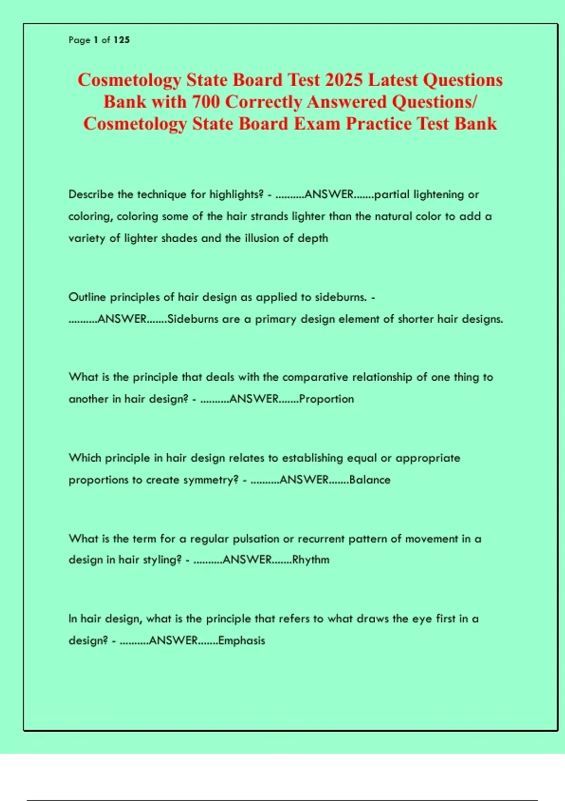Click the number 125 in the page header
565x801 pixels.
click(121, 40)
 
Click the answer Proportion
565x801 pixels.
click(326, 399)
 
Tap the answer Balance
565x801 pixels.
click(370, 480)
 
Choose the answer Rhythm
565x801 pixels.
click(311, 560)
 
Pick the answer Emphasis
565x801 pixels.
click(242, 641)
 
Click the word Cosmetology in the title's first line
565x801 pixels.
click(129, 80)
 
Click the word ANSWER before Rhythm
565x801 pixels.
click(247, 560)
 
